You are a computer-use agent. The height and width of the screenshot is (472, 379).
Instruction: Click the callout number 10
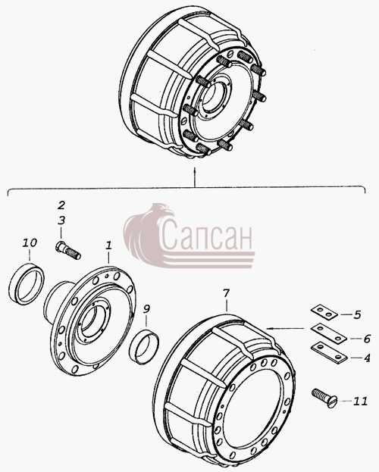pyautogui.click(x=30, y=242)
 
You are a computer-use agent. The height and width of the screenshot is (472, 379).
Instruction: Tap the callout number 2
pyautogui.click(x=61, y=205)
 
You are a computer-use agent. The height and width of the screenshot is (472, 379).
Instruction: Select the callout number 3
pyautogui.click(x=61, y=220)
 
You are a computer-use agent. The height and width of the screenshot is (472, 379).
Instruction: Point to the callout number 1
pyautogui.click(x=108, y=245)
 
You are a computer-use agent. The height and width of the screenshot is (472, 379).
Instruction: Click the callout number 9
pyautogui.click(x=146, y=309)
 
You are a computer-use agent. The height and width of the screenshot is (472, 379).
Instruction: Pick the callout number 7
pyautogui.click(x=226, y=293)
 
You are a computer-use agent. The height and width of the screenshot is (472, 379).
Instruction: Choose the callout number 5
pyautogui.click(x=357, y=315)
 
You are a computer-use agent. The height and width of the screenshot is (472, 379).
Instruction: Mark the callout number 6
pyautogui.click(x=367, y=339)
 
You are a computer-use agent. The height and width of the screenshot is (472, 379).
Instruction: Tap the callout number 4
pyautogui.click(x=367, y=358)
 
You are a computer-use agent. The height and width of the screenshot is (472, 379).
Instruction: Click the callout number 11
pyautogui.click(x=360, y=402)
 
